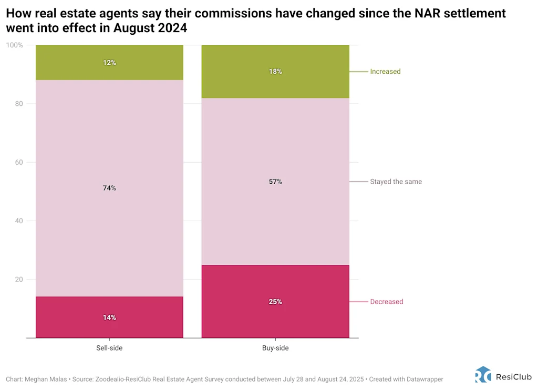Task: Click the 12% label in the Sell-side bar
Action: (x=109, y=63)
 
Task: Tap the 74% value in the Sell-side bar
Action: (x=109, y=188)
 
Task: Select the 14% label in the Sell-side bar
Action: (x=109, y=317)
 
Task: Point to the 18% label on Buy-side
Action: (x=275, y=72)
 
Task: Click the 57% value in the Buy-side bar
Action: (x=275, y=182)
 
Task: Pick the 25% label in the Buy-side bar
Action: (x=275, y=302)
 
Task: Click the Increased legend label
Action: (x=385, y=72)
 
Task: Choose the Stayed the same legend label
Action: (x=396, y=182)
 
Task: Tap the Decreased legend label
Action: (x=387, y=302)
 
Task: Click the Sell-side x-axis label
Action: (x=109, y=348)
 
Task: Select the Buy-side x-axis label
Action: (x=275, y=348)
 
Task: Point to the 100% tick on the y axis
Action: (x=15, y=45)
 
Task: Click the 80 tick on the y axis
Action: (x=19, y=104)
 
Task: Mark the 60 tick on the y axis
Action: (x=19, y=162)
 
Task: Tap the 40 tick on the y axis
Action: (x=19, y=221)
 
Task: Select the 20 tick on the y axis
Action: (x=19, y=280)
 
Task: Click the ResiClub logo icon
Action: (x=483, y=374)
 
